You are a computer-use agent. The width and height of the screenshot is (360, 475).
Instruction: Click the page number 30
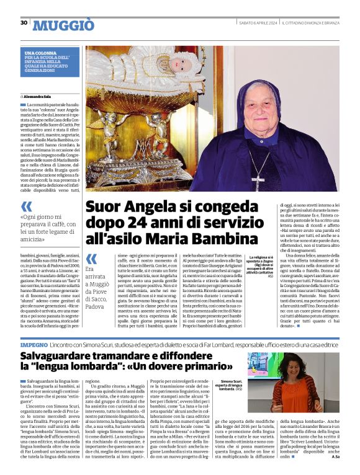click(24, 23)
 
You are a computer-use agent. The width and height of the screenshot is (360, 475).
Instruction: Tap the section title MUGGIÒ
click(63, 25)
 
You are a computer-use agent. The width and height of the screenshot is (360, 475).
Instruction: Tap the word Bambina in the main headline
click(225, 239)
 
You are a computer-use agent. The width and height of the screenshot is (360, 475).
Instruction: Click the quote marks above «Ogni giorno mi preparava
click(27, 206)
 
